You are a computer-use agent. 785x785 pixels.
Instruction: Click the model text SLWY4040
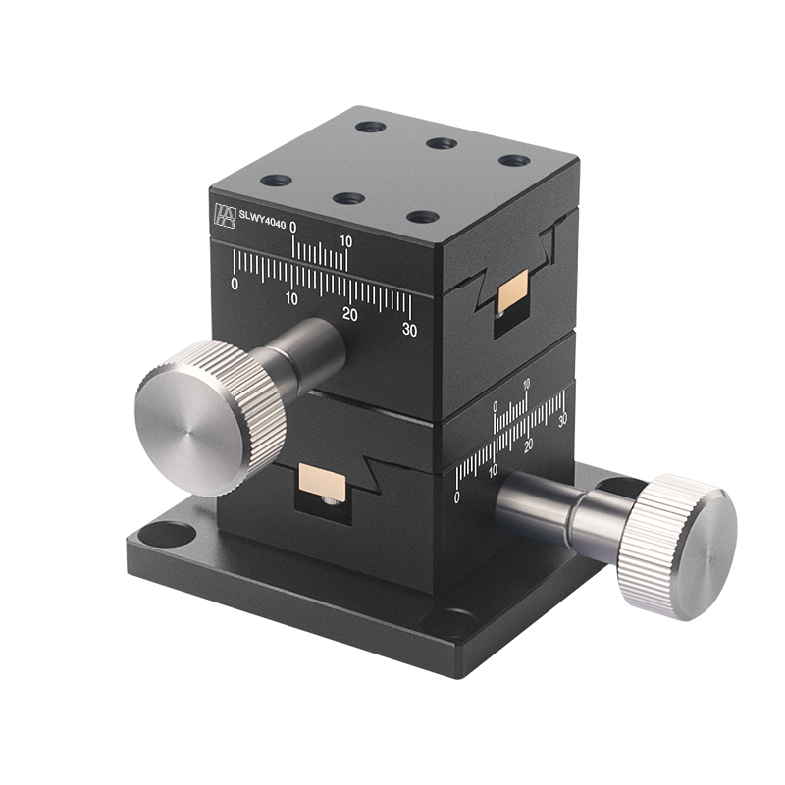pos(263,223)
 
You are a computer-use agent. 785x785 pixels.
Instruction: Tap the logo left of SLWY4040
pos(225,216)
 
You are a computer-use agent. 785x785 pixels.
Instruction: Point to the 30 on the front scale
pos(409,331)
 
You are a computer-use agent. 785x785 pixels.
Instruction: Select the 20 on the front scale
pos(350,314)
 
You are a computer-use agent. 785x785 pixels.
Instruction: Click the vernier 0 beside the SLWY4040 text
pos(294,230)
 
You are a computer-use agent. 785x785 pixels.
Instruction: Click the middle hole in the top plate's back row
pos(441,143)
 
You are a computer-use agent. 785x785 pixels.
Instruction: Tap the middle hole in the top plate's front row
pos(348,198)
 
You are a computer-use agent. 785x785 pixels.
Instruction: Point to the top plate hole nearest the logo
pos(277,182)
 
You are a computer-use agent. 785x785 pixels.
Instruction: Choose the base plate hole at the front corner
pos(451,623)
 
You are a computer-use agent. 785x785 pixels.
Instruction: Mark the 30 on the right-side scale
pos(562,420)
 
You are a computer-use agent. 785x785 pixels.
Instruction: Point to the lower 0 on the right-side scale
pos(457,497)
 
